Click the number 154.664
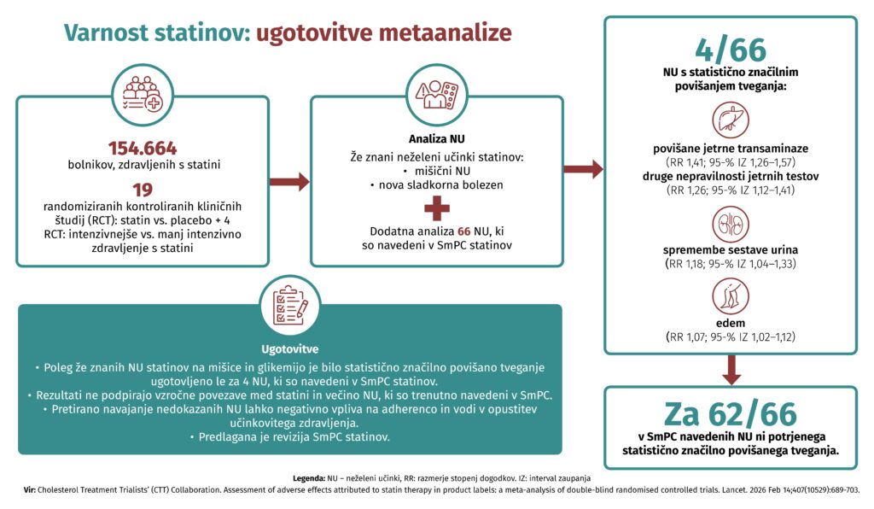143,148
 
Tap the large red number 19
143,190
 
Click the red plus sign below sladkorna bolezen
436,208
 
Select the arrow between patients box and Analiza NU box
289,181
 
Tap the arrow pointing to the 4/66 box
584,169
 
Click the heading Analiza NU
436,138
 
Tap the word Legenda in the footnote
308,475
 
